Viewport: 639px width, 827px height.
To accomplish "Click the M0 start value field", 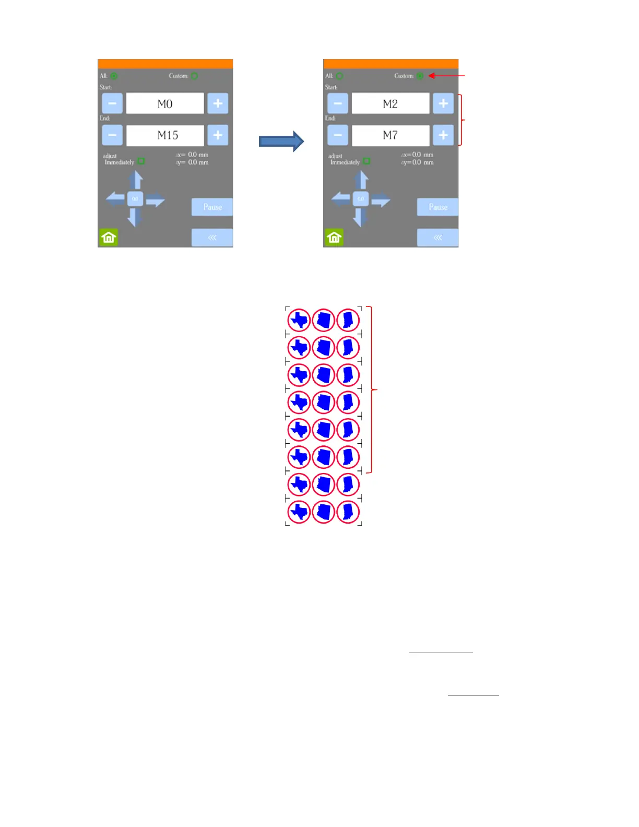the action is coord(165,103).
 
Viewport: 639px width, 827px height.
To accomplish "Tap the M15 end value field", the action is coord(165,135).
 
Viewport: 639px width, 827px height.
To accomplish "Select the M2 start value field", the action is coord(390,103).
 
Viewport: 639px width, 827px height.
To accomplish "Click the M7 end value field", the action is coord(390,135).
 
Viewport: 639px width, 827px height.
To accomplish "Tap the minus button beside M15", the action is coord(112,135).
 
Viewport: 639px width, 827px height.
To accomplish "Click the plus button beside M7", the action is coord(443,135).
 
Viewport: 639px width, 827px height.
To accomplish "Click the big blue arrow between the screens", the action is coord(281,141).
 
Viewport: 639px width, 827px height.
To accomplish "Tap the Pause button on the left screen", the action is coord(212,207).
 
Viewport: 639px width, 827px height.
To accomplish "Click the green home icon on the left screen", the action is coord(109,238).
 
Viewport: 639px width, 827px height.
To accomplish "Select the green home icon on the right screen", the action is coord(334,238).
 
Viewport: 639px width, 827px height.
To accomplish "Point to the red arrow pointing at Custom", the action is coord(446,76).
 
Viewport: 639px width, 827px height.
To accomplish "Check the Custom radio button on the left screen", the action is coord(194,76).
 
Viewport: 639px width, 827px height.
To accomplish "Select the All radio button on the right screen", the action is coord(339,76).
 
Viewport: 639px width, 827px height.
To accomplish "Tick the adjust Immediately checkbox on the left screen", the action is coord(141,161).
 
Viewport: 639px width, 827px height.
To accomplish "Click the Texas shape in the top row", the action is coord(300,320).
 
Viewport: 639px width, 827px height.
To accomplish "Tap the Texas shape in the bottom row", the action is coord(300,512).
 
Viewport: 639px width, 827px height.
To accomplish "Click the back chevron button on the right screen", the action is coord(437,238).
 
